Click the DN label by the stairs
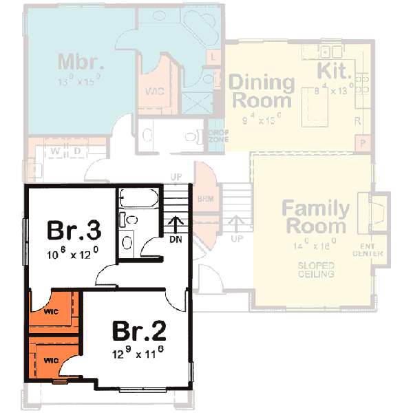[x=176, y=240]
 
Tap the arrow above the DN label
[x=176, y=224]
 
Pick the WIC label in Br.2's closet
[x=50, y=360]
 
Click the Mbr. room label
[x=81, y=61]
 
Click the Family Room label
[x=316, y=217]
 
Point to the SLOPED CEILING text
[x=316, y=269]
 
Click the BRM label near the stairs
[x=204, y=199]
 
